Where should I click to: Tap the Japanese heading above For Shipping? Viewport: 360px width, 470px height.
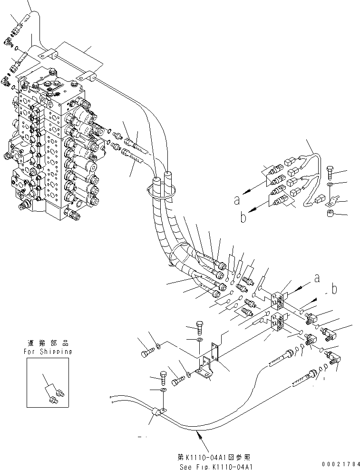[x=48, y=343]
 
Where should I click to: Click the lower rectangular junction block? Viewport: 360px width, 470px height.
[x=278, y=323]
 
